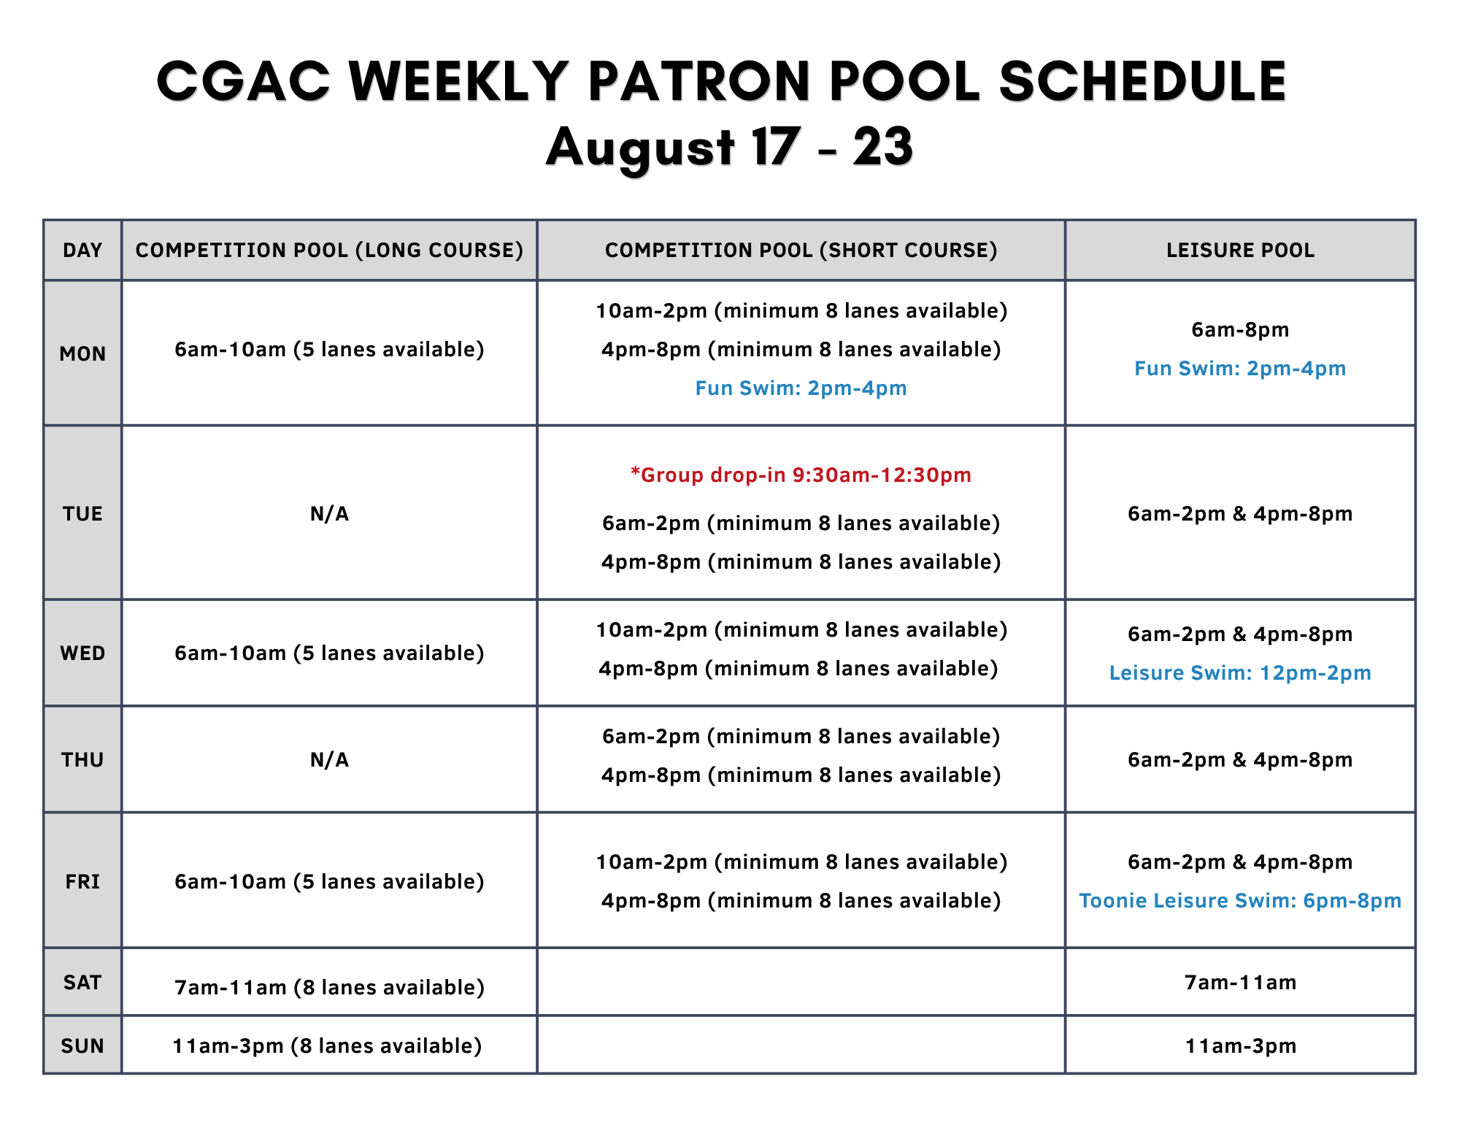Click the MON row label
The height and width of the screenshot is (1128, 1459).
pos(82,354)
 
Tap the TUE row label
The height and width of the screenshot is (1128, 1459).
pos(82,514)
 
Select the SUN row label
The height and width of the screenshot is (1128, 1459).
pos(82,1046)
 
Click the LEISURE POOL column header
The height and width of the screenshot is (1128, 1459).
pos(1240,250)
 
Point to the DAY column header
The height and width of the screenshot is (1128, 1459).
pos(82,250)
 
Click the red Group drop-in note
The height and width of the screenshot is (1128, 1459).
pos(801,475)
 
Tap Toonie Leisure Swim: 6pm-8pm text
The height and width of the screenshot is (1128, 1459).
pos(1240,901)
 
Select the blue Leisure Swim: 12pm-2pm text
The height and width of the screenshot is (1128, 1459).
pos(1240,673)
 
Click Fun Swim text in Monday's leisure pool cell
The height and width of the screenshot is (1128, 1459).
pos(1240,369)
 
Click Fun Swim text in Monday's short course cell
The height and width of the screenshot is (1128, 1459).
pos(801,388)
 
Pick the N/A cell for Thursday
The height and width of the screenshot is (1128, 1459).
pos(329,760)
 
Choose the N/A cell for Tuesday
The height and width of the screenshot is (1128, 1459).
pos(329,514)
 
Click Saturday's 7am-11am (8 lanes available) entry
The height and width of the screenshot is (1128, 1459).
pos(329,988)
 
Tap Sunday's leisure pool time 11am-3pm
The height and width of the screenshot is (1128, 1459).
pos(1240,1046)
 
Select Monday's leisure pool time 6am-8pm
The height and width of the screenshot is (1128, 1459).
pos(1240,330)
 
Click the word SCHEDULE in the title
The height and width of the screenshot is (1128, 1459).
pos(1142,81)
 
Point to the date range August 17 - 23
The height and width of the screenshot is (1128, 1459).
pos(729,148)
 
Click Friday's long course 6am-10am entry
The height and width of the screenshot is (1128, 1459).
pos(329,882)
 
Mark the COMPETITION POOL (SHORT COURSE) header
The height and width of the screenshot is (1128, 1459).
pos(801,250)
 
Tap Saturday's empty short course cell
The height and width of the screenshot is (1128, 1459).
pos(801,982)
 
